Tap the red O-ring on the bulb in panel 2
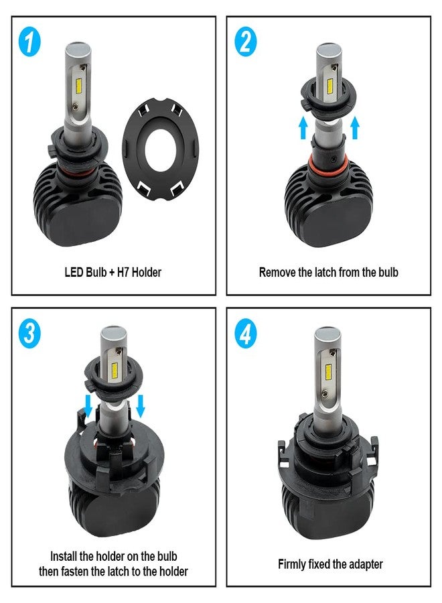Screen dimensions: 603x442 [x=328, y=163]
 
